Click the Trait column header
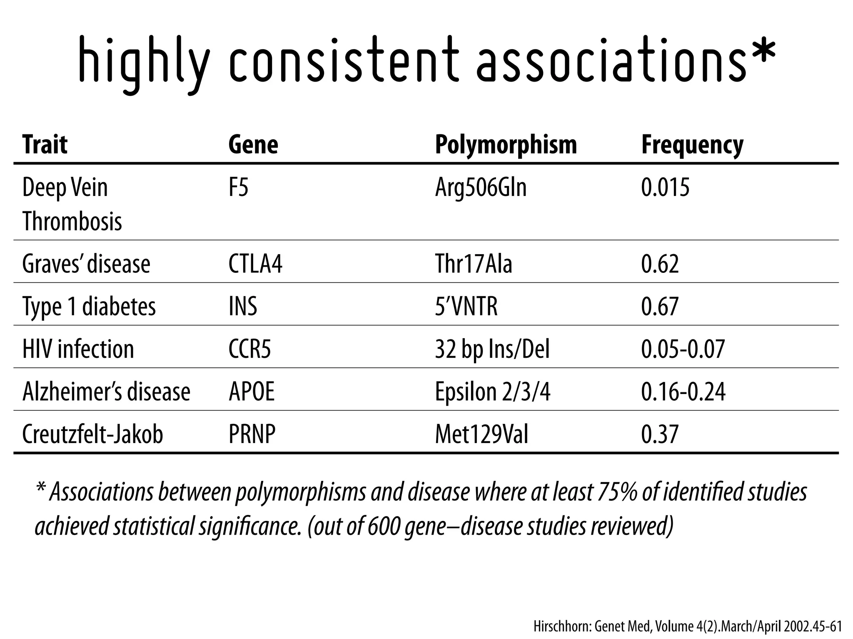45,145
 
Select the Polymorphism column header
506,145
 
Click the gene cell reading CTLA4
255,264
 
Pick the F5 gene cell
238,187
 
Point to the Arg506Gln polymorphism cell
481,188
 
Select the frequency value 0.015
665,187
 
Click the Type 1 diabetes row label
89,307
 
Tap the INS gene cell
243,306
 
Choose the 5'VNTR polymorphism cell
466,306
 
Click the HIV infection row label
78,349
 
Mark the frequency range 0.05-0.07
683,349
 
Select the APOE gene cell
252,391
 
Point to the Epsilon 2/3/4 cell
492,392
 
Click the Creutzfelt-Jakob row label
92,434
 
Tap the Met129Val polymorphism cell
481,434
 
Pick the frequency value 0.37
660,434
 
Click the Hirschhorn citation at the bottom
688,626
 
